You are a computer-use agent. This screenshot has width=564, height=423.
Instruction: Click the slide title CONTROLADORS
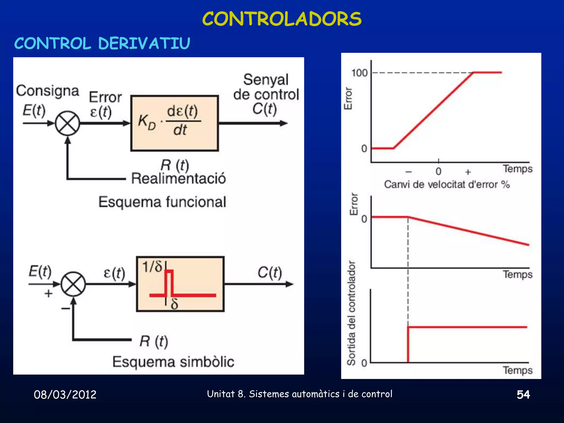tap(282, 19)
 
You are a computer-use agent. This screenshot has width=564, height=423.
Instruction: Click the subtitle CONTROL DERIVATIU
tap(102, 44)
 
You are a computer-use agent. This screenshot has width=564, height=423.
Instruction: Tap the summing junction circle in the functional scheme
tap(67, 123)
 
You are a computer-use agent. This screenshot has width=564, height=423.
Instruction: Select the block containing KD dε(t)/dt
tap(175, 123)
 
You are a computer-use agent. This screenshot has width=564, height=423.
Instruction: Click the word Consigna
tap(47, 91)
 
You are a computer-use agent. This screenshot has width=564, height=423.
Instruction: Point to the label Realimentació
tap(178, 178)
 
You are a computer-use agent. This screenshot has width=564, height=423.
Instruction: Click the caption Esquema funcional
tap(162, 202)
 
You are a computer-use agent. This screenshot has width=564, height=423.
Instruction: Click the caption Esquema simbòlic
tap(173, 362)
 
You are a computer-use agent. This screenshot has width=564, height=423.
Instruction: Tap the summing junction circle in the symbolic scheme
tap(73, 284)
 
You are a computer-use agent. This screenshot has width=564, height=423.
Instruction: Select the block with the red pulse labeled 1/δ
tap(180, 284)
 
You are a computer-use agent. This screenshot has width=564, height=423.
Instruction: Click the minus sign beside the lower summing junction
tap(66, 309)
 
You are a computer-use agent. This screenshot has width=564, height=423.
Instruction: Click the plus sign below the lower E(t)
tap(48, 294)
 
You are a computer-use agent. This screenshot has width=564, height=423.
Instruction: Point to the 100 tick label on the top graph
tap(359, 73)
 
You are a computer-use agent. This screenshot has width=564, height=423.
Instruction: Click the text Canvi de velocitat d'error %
tap(447, 185)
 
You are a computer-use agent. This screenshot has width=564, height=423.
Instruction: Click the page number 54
tap(523, 395)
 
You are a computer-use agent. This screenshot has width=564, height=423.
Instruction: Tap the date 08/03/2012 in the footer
tap(65, 395)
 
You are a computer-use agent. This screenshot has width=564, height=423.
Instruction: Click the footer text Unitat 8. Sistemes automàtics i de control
tap(299, 394)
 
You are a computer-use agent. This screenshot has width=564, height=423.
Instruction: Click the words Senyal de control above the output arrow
tap(266, 87)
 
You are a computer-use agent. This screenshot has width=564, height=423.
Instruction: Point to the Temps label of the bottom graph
tap(517, 370)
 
